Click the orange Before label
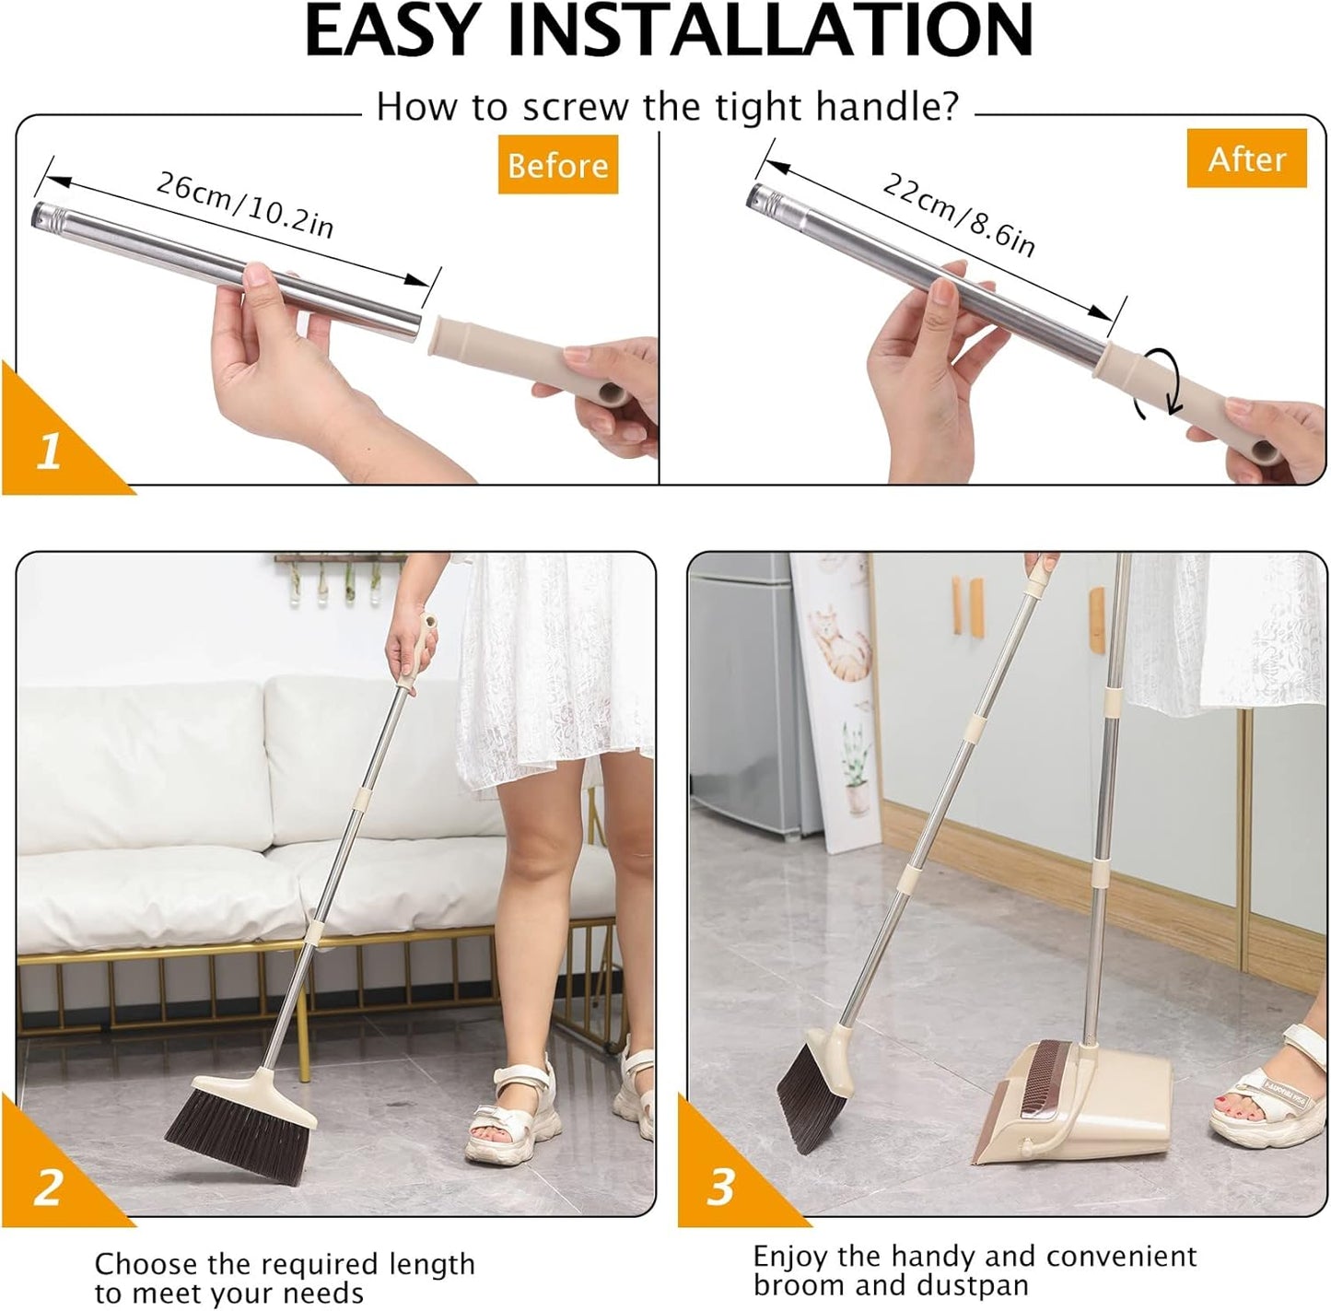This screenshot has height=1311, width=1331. tap(557, 165)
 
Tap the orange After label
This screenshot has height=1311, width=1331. tap(1246, 158)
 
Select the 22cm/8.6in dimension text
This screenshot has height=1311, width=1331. tap(958, 214)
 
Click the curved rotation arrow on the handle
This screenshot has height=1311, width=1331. tap(1160, 381)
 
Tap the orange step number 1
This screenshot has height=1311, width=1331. tap(49, 451)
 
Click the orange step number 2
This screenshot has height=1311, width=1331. tap(47, 1187)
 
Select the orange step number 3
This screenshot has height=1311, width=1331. tap(720, 1187)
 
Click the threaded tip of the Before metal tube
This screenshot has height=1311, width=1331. tap(46, 215)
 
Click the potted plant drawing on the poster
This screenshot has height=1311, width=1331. tap(857, 769)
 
